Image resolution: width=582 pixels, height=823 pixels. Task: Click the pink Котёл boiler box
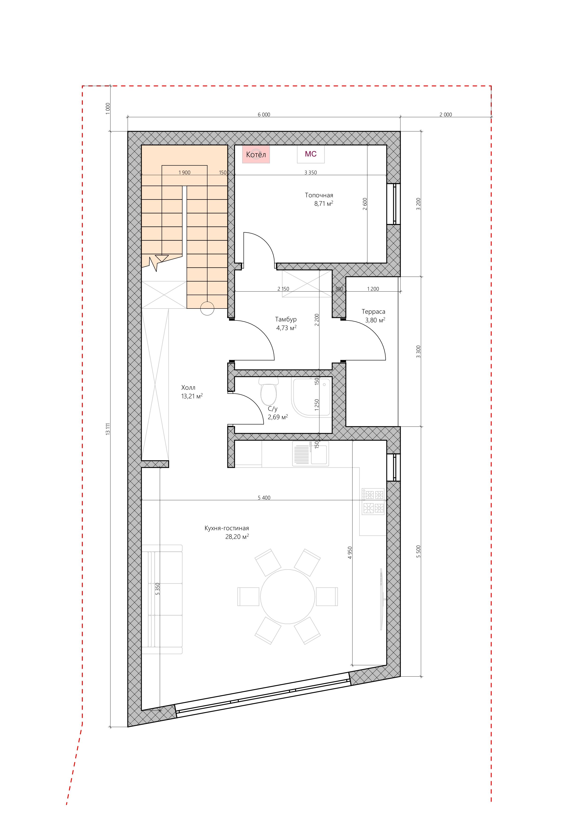coord(256,154)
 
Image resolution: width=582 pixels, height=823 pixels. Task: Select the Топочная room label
coord(319,195)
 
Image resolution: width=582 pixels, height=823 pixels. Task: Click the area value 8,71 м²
coord(324,204)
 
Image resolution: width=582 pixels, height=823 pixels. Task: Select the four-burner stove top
coord(373,501)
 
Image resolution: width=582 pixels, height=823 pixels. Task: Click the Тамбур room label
coord(286,319)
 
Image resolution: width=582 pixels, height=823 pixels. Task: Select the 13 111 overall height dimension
coord(107,429)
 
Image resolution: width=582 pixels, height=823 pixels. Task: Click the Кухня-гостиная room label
coord(227,528)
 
